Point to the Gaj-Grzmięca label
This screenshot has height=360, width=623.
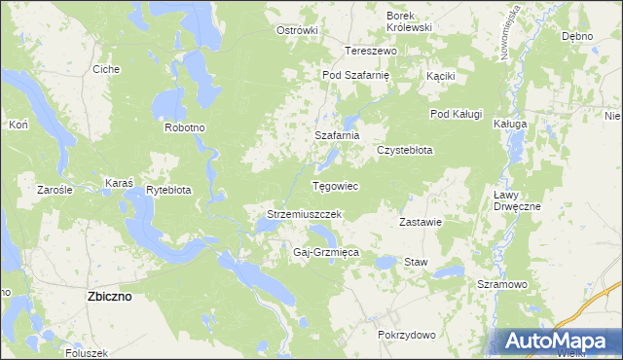[x=326, y=252]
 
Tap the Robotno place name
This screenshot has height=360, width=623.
[x=184, y=127]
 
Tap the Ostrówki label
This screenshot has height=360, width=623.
[x=298, y=30]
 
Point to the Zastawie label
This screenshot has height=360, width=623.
[x=421, y=222]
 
